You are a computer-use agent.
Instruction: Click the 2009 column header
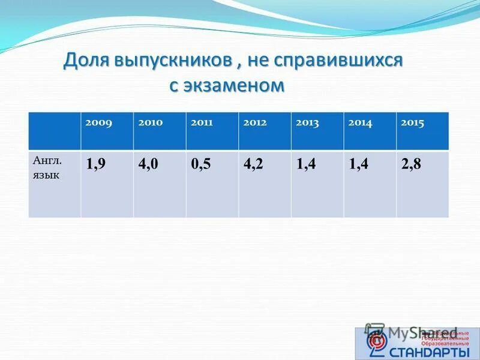(98, 123)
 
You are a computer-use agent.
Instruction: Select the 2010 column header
(150, 123)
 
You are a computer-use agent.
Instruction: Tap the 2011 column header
(202, 123)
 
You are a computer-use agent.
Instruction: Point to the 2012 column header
(255, 123)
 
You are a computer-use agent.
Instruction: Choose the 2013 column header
(307, 123)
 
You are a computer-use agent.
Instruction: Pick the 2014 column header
(360, 123)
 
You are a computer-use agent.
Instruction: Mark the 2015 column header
(412, 123)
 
